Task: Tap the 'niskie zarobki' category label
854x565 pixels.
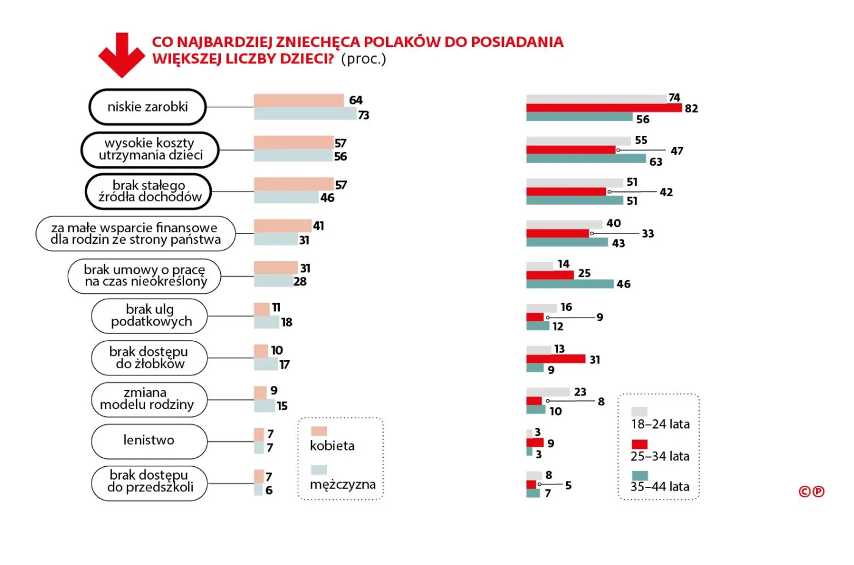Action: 148,107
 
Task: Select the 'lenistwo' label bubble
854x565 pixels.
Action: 149,441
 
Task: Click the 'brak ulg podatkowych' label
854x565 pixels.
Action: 150,316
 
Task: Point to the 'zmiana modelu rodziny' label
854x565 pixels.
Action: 147,399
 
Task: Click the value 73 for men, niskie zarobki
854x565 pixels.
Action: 364,115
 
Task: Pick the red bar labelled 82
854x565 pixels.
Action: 603,108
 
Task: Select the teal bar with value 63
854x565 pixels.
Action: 586,158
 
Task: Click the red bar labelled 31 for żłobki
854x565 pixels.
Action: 555,359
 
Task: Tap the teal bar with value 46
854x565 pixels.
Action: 570,284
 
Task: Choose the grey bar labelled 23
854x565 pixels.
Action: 548,392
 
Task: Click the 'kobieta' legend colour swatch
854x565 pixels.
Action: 319,431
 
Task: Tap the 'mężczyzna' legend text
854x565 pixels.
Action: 343,485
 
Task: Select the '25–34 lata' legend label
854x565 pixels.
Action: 660,457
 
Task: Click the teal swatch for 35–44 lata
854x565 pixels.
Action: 639,475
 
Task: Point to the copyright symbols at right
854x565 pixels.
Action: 811,492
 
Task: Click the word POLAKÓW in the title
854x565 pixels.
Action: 402,42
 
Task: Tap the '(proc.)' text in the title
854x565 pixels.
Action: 364,59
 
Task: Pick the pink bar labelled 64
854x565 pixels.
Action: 298,101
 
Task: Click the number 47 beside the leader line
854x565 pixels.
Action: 676,151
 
